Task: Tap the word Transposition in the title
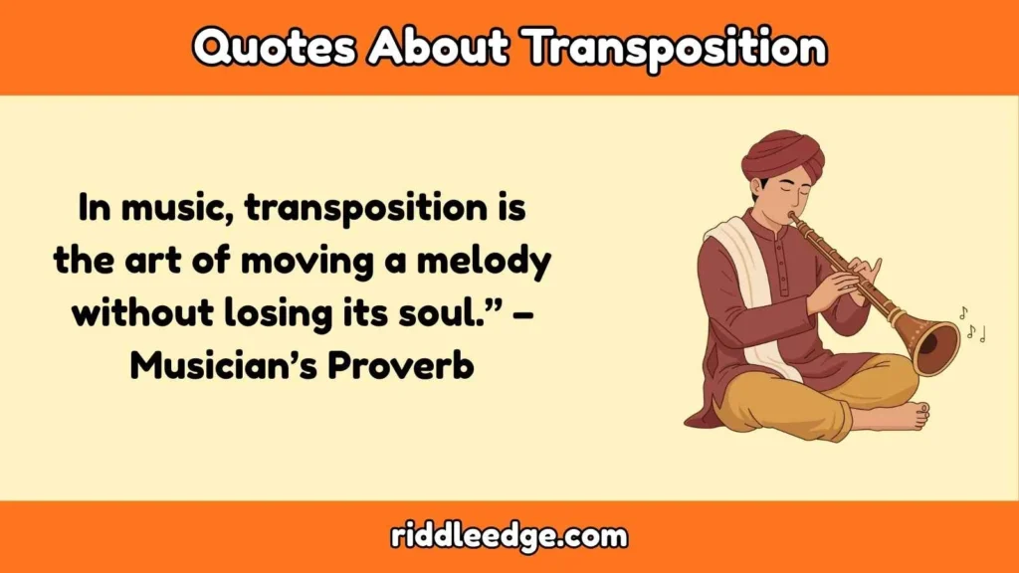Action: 676,46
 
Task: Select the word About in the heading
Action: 433,46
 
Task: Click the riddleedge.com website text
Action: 509,537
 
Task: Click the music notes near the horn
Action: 972,324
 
